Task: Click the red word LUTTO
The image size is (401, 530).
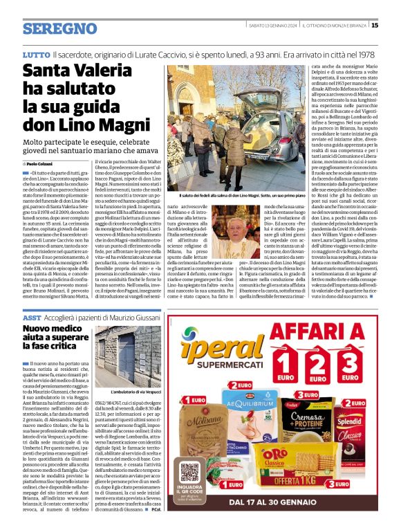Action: pyautogui.click(x=36, y=54)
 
